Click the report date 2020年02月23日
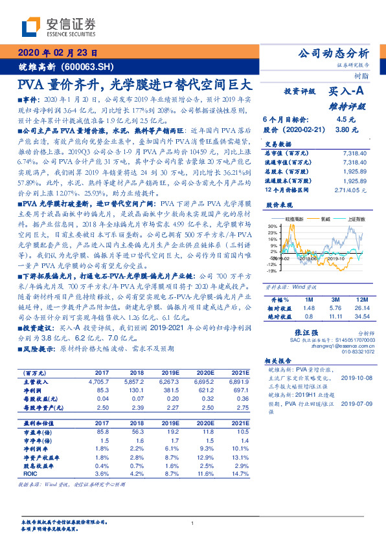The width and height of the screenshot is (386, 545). [x=58, y=53]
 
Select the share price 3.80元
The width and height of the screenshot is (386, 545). [x=345, y=129]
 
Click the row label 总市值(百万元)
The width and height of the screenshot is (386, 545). [x=288, y=150]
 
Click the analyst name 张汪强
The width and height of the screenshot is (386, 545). [x=295, y=331]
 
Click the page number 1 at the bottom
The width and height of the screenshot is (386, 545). [x=192, y=523]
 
